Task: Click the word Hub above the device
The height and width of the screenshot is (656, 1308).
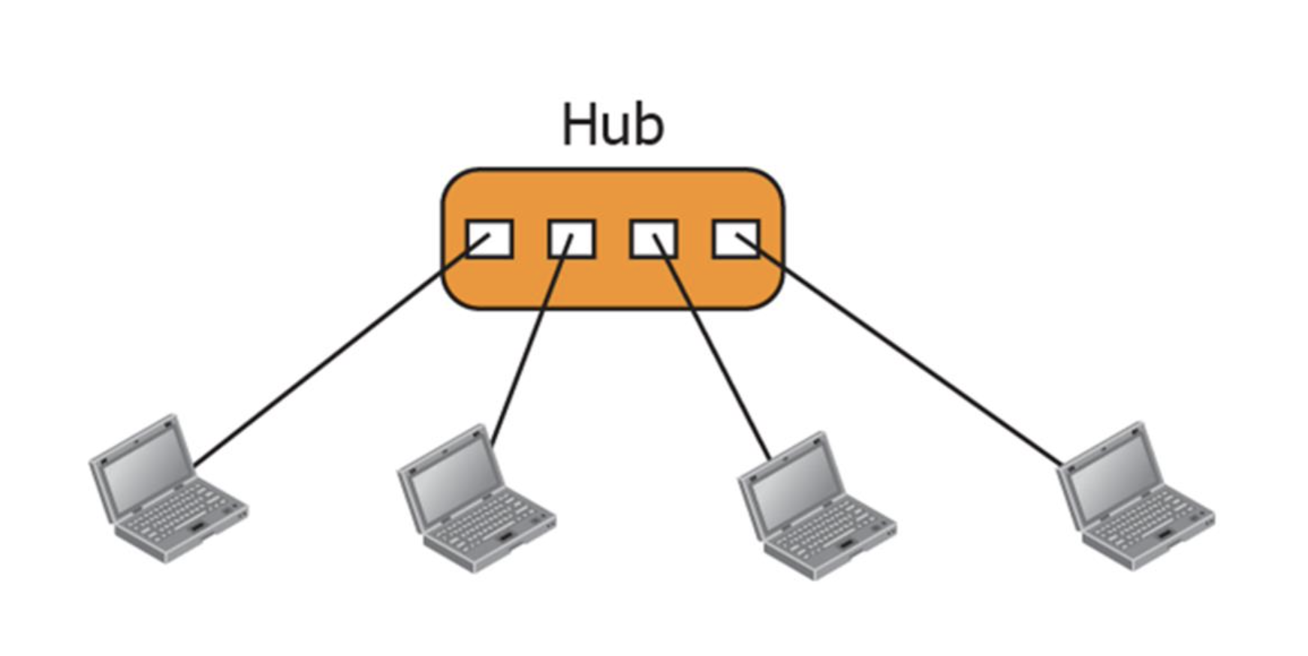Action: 613,125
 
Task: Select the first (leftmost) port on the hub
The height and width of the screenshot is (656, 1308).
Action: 490,239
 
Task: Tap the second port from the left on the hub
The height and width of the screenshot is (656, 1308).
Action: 571,239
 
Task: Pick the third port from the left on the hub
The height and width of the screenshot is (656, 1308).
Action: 653,239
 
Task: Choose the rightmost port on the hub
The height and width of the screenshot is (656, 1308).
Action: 736,239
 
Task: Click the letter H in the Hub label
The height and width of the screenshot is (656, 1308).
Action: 579,125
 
